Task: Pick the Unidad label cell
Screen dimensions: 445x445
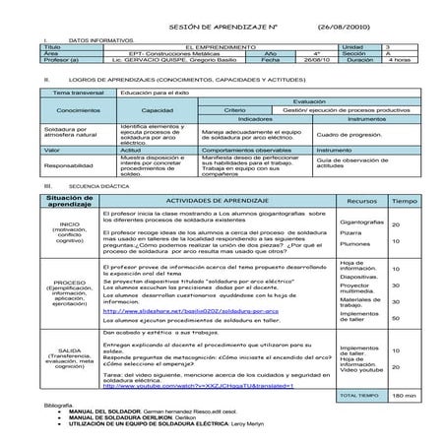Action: tap(350, 45)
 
